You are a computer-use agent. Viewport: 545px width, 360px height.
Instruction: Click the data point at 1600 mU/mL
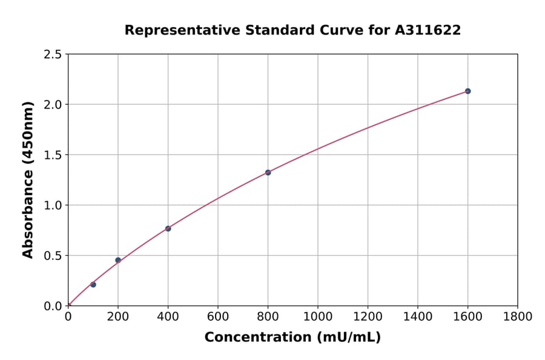pos(467,91)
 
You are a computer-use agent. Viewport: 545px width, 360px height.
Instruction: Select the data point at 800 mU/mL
pos(268,172)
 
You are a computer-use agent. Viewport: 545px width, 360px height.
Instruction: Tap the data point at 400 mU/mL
pos(168,228)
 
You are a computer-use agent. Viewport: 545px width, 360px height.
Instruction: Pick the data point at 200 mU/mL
pos(118,260)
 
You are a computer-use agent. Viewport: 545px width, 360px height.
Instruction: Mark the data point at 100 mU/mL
pos(93,284)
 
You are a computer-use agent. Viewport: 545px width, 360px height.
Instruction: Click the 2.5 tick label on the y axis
pos(53,55)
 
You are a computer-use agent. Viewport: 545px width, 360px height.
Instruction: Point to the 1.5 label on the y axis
pos(53,155)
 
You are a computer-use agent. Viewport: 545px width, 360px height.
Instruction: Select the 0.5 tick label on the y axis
pos(53,256)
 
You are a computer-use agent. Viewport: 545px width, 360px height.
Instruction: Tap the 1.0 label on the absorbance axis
pos(53,205)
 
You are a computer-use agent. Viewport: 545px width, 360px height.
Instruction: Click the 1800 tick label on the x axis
pos(517,316)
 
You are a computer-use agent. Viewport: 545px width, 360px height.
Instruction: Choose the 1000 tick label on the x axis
pos(317,316)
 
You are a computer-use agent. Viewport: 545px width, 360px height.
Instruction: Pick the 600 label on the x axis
pos(217,316)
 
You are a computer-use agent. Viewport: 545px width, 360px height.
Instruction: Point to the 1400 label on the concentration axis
pos(417,316)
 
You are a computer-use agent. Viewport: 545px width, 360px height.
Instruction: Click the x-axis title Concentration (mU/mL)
pos(292,338)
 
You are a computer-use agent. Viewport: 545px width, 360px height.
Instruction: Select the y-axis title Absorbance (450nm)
pos(28,179)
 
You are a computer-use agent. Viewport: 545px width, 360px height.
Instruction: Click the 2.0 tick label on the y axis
pos(53,105)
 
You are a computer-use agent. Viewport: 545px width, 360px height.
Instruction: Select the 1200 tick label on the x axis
pos(368,316)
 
